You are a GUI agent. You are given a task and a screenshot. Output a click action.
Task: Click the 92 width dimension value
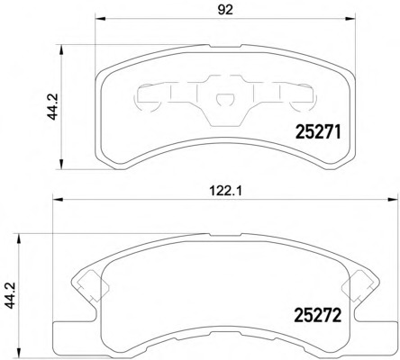(x=225, y=10)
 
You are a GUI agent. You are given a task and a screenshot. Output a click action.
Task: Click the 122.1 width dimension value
(x=225, y=191)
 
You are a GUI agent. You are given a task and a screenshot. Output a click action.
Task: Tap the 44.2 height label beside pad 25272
(x=12, y=295)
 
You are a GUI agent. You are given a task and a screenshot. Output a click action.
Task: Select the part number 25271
(x=318, y=132)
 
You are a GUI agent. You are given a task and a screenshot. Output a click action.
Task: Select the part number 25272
(x=318, y=315)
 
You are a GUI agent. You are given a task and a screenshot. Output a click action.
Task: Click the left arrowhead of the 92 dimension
(x=100, y=19)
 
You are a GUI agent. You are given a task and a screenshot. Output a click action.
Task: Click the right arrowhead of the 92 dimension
(x=350, y=19)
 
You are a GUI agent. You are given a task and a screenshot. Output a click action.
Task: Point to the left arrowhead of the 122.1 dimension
(x=58, y=200)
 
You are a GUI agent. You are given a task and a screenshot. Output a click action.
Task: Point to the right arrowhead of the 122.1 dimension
(x=393, y=200)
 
